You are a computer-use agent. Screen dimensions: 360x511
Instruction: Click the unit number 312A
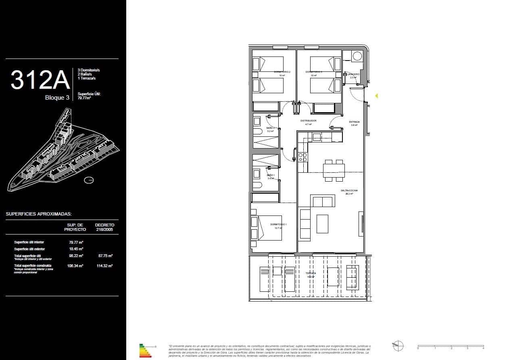click(40, 80)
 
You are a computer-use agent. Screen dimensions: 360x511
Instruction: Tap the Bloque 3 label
click(57, 97)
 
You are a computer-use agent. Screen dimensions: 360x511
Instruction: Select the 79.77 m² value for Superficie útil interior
click(76, 242)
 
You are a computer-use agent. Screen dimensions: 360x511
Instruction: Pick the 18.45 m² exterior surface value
click(76, 249)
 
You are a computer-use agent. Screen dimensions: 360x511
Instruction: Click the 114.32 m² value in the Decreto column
click(105, 266)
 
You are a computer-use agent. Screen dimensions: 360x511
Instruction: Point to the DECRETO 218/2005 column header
click(104, 227)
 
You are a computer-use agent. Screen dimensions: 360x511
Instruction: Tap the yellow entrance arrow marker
click(376, 96)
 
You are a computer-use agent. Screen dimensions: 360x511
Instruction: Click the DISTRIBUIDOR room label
click(308, 121)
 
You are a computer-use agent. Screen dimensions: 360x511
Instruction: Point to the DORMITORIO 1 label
click(278, 224)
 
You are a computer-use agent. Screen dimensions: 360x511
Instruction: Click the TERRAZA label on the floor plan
click(311, 273)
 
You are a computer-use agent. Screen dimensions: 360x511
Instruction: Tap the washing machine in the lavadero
click(357, 57)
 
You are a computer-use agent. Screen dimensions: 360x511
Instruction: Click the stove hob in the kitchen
click(302, 156)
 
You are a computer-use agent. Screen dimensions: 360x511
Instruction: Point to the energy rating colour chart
click(145, 350)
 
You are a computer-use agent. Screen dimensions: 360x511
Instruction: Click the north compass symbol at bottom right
click(398, 346)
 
